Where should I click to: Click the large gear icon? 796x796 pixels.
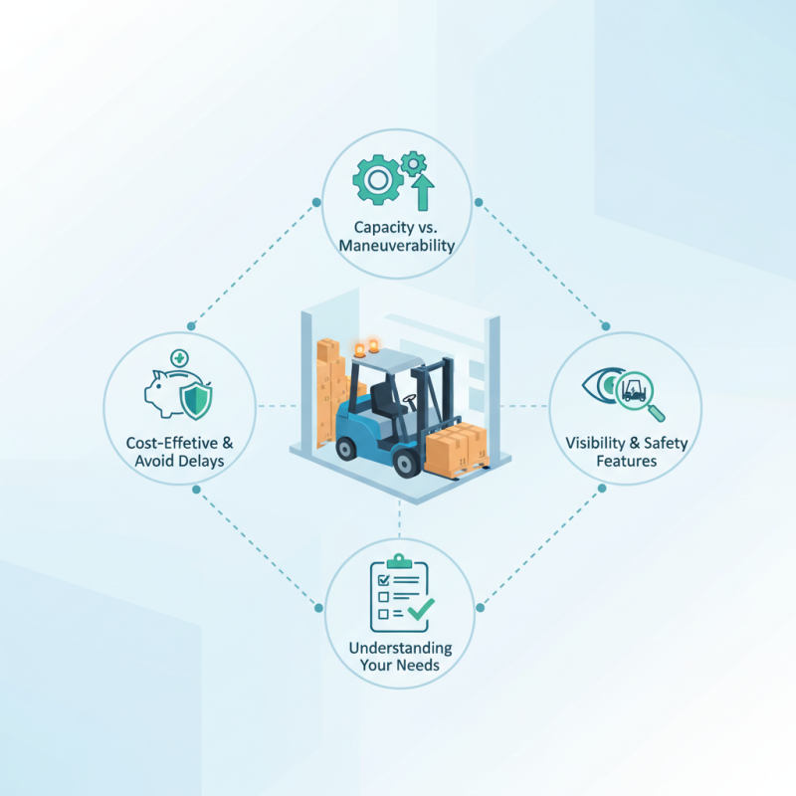pos(378,180)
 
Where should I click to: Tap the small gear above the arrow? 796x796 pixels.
pos(414,164)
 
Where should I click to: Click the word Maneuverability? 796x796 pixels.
pos(396,246)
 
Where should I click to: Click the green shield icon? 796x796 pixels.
pos(196,401)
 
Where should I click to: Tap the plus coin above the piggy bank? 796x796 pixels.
pos(179,358)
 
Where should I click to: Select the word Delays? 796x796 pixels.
pos(203,461)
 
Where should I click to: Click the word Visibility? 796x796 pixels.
pos(595,443)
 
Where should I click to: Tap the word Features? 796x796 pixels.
pos(627,461)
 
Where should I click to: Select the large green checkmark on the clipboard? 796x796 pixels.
pos(421,609)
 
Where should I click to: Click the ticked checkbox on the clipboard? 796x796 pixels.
pos(384,580)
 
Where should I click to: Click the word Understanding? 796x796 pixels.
pos(400,648)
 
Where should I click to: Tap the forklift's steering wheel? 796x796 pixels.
pos(409,399)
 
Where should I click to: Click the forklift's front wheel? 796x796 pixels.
pos(406,463)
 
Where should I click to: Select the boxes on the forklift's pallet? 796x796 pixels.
pos(456,447)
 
